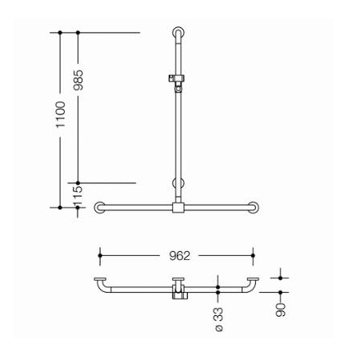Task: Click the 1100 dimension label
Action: pyautogui.click(x=61, y=114)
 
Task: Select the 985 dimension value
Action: pyautogui.click(x=78, y=80)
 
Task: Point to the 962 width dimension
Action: pyautogui.click(x=179, y=256)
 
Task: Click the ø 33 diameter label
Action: pyautogui.click(x=219, y=319)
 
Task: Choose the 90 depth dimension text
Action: pyautogui.click(x=281, y=310)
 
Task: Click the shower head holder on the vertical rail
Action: pyautogui.click(x=177, y=82)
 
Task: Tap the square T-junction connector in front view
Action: pyautogui.click(x=178, y=208)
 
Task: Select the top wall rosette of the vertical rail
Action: pyautogui.click(x=178, y=32)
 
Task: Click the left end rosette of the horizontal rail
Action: pyautogui.click(x=100, y=207)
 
